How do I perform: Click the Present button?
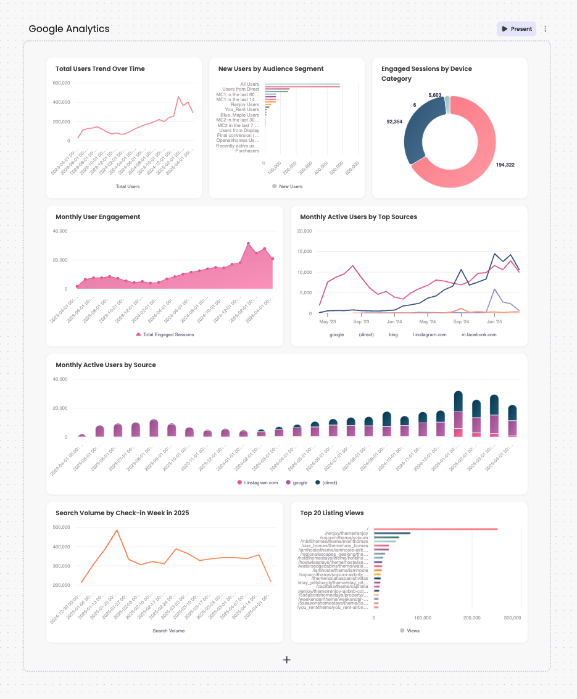(517, 29)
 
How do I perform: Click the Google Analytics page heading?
(69, 29)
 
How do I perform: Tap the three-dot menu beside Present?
(546, 29)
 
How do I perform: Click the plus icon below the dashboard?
(287, 660)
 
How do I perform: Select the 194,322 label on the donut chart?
(505, 165)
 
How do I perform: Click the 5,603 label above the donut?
(435, 95)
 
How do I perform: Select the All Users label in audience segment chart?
(250, 84)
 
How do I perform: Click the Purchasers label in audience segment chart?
(247, 151)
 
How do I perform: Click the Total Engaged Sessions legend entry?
(164, 334)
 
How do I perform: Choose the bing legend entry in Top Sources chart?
(393, 334)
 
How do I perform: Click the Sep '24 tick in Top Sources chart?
(461, 321)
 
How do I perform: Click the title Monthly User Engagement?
(98, 217)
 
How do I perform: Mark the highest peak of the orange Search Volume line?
(117, 530)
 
